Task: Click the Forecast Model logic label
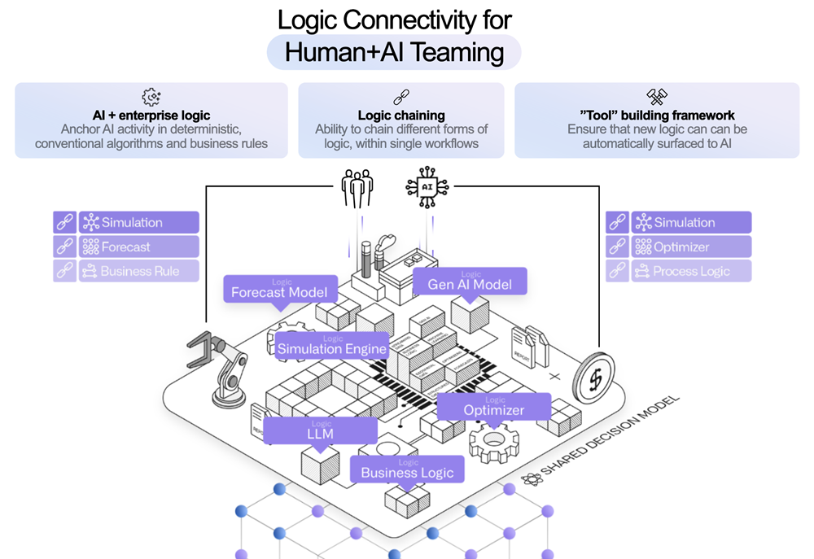[x=280, y=289]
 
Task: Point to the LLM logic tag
[x=321, y=431]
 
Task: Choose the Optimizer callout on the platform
[x=494, y=407]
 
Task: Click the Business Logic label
[x=407, y=469]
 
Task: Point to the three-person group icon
[x=357, y=188]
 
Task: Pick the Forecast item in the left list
[x=138, y=247]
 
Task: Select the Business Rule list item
[x=138, y=271]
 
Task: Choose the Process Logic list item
[x=691, y=271]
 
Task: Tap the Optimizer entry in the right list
[x=691, y=247]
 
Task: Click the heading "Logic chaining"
[x=401, y=116]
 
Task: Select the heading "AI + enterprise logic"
[x=151, y=116]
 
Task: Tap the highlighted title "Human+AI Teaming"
[x=394, y=53]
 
